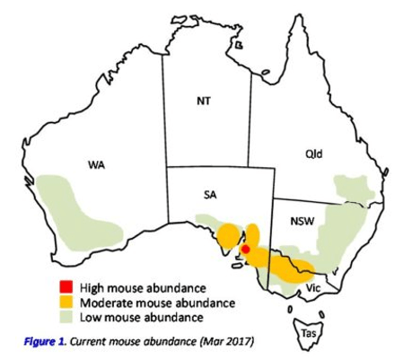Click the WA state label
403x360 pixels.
pos(95,164)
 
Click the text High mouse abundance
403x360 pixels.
pos(144,287)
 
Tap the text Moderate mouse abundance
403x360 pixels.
pos(157,302)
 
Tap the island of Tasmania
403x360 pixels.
pos(315,313)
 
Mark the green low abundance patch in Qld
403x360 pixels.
pos(352,189)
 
